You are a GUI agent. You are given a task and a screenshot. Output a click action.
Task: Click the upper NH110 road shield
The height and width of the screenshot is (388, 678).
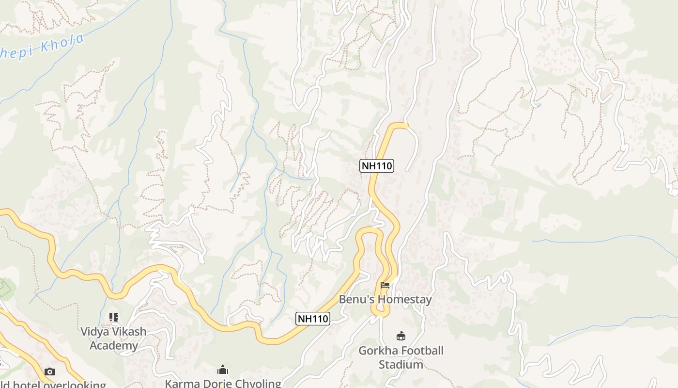tap(377, 166)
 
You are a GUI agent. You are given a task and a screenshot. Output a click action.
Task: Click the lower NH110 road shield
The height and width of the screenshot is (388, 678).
tap(313, 319)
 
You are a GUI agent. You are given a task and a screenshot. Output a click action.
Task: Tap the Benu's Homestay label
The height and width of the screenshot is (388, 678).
tap(385, 299)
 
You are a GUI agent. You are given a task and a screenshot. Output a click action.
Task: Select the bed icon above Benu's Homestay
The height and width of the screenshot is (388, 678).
tap(385, 285)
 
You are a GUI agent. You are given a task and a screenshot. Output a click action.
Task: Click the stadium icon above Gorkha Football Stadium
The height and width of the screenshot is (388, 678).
tap(401, 335)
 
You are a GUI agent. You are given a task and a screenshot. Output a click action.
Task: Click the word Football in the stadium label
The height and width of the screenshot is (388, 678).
tap(422, 351)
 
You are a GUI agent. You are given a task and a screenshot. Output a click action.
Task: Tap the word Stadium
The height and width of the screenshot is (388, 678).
tap(401, 364)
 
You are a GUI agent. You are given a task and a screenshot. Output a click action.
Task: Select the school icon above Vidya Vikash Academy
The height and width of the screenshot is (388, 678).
tap(114, 317)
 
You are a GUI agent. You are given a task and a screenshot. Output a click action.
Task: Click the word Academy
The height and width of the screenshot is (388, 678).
tap(114, 346)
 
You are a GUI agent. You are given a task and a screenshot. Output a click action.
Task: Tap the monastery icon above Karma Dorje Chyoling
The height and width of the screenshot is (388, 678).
tap(223, 370)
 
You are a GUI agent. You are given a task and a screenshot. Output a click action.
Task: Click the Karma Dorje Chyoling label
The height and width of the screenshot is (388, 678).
tap(223, 383)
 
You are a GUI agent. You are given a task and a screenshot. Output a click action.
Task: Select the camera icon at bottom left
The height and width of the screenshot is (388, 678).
tap(49, 372)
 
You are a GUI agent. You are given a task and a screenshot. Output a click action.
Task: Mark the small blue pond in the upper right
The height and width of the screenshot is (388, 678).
tap(539, 105)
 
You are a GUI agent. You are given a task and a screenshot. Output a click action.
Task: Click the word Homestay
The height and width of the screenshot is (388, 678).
tap(404, 299)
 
